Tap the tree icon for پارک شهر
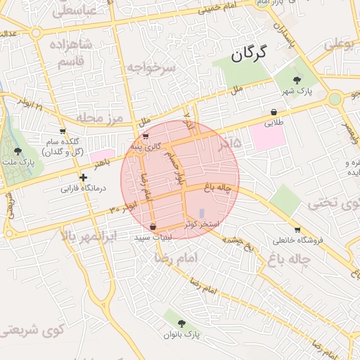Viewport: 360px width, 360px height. click(297, 80)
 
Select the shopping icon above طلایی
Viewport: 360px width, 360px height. click(273, 112)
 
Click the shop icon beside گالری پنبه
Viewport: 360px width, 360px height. click(145, 137)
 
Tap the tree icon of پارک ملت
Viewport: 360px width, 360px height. click(18, 150)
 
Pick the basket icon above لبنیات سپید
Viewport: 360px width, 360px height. click(153, 226)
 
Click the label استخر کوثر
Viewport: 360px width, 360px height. click(204, 224)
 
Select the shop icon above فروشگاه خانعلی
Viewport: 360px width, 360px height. click(297, 229)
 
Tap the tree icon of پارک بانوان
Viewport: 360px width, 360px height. click(181, 323)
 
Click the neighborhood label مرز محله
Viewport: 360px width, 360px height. click(100, 117)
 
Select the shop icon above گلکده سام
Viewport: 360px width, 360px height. click(63, 131)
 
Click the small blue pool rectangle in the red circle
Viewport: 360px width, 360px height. click(202, 212)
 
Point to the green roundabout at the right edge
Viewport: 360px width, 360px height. click(335, 98)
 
